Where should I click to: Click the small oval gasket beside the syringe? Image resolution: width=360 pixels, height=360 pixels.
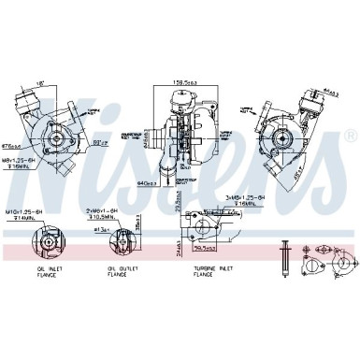[326, 251]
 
